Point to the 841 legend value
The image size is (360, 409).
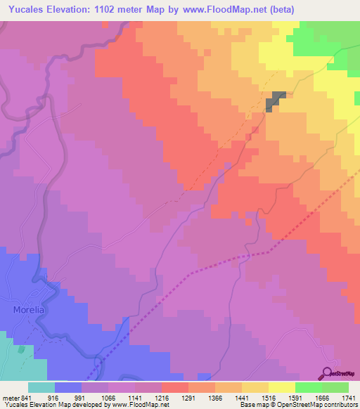tap(27, 398)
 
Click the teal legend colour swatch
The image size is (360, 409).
tap(41, 387)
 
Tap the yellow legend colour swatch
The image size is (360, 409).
tap(282, 387)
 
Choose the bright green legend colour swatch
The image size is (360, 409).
tap(309, 387)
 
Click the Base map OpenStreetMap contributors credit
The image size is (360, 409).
tap(298, 405)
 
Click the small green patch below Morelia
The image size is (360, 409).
tap(21, 349)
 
